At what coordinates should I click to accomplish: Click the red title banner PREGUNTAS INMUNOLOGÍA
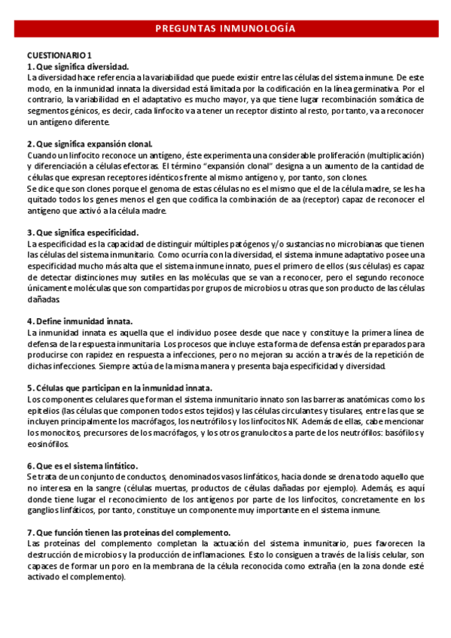pyautogui.click(x=225, y=29)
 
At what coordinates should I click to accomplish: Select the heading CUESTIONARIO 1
pyautogui.click(x=60, y=56)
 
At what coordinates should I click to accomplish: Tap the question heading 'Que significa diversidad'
pyautogui.click(x=78, y=66)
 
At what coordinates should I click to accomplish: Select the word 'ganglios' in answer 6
pyautogui.click(x=44, y=510)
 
